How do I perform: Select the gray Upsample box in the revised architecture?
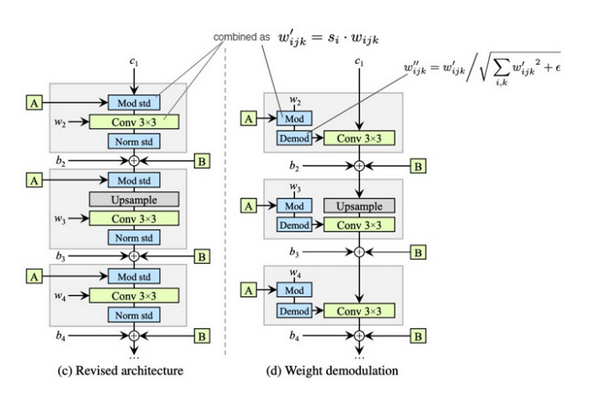[x=134, y=200]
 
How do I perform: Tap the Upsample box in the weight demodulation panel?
[x=359, y=206]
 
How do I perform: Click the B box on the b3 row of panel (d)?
[x=419, y=251]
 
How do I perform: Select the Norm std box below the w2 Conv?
[x=134, y=141]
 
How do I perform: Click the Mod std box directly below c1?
[x=134, y=102]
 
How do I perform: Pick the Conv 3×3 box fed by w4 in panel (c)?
[x=134, y=295]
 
